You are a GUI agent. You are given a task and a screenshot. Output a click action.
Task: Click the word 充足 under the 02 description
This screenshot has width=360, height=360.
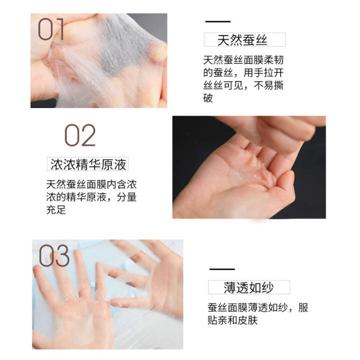(57, 212)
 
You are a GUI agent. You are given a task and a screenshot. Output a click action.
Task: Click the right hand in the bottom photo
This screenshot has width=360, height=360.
(150, 280)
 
